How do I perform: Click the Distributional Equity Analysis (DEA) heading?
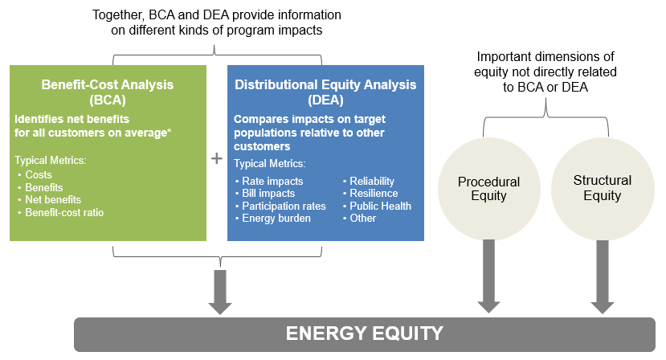[x=325, y=92]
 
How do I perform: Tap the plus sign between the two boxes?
[x=216, y=158]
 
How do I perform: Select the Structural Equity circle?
[x=602, y=188]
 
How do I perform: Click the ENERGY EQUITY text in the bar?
[x=364, y=334]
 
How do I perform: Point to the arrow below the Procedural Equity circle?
[x=488, y=277]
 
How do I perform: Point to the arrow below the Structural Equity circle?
[x=602, y=277]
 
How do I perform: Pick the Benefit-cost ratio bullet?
[x=63, y=212]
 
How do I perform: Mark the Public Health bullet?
[x=380, y=206]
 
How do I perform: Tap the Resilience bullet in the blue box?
[x=374, y=193]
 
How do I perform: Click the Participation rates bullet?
[x=284, y=206]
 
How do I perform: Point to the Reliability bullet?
[x=372, y=181]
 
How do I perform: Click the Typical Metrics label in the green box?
[x=50, y=161]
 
